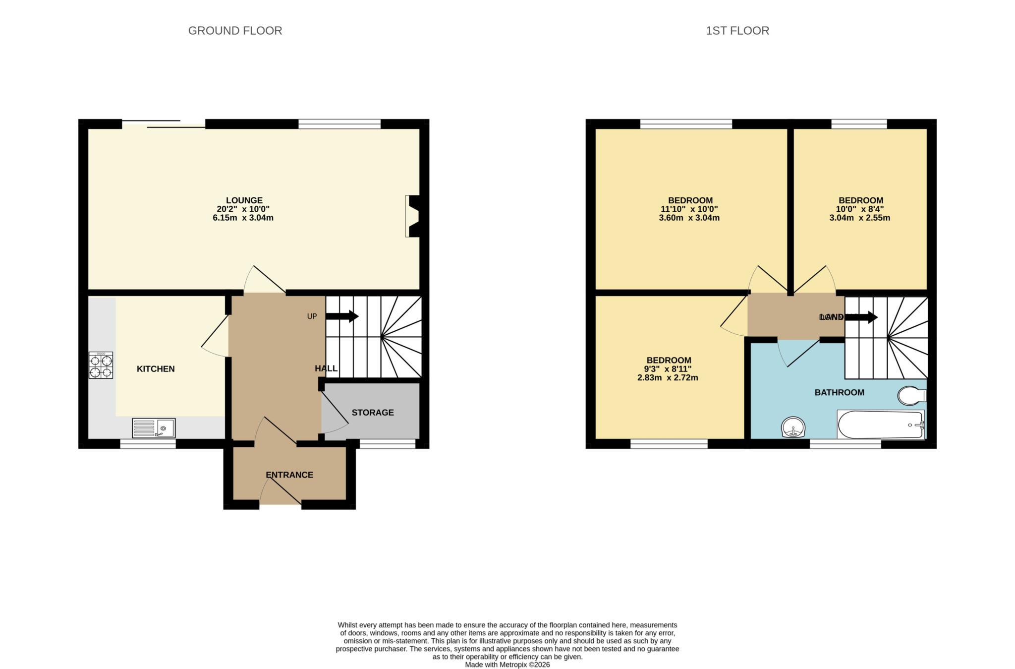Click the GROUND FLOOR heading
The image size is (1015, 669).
(235, 31)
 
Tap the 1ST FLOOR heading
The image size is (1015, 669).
(737, 31)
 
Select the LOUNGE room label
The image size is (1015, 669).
(244, 201)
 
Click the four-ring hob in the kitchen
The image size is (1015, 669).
(101, 365)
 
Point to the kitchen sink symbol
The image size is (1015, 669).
(154, 428)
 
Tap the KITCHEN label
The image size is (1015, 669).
(156, 369)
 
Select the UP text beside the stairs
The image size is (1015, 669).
(312, 316)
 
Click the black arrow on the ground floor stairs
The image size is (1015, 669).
(342, 316)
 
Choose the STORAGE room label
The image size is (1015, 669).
(373, 413)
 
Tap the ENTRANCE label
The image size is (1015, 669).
(289, 475)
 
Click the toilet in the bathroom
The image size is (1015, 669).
(911, 396)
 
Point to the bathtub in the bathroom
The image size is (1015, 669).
(880, 425)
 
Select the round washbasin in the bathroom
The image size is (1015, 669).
(793, 427)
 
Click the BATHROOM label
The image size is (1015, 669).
(839, 393)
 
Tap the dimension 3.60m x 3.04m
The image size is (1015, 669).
(689, 218)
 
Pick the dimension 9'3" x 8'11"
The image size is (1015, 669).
(667, 369)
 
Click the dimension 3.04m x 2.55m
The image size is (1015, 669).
(859, 218)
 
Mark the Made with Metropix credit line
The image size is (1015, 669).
(507, 665)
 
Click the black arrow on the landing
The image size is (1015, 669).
(862, 317)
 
